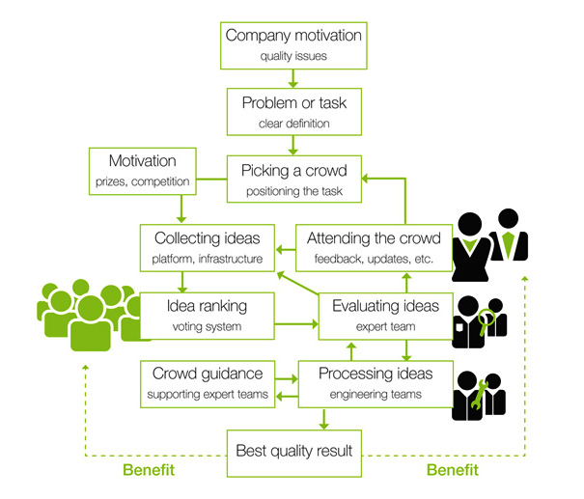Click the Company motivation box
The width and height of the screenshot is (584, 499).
292,44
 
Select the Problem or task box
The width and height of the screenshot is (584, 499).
292,112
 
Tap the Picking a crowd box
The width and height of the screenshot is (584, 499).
292,180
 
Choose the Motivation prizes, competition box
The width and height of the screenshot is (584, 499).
142,169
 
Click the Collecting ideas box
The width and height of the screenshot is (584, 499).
208,247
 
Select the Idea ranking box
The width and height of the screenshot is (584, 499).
208,316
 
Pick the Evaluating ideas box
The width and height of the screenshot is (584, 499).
386,316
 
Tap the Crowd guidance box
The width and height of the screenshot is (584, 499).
208,383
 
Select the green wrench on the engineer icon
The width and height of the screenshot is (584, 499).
478,390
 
